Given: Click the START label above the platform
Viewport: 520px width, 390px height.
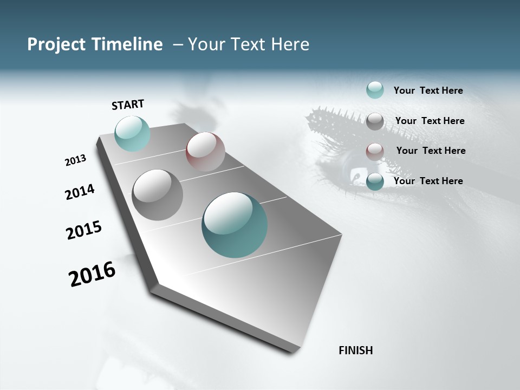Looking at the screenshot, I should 128,104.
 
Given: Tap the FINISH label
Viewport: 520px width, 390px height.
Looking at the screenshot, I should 355,350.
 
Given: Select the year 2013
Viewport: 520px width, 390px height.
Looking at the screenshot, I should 75,160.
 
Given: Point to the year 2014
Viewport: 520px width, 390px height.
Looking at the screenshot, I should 80,192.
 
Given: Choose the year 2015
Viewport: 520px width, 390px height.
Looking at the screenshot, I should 84,230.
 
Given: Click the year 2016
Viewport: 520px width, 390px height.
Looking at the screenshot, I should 92,274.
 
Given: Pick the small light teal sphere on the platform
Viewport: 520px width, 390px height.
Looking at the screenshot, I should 132,133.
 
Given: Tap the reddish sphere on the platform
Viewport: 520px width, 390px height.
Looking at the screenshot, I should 205,152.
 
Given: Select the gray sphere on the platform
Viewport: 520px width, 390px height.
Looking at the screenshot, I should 157,195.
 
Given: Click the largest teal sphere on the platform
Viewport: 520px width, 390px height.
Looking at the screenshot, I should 235,225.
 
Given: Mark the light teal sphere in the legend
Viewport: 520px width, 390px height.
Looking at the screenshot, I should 375,90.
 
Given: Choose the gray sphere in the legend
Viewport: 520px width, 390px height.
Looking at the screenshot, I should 375,121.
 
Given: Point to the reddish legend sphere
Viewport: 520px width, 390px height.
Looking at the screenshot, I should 375,152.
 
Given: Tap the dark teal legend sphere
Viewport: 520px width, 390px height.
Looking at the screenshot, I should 375,181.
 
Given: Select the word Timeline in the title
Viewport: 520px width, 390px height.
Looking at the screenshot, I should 128,44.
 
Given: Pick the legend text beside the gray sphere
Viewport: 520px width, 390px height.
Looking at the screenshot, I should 430,121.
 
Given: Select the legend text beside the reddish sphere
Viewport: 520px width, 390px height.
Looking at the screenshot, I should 431,151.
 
